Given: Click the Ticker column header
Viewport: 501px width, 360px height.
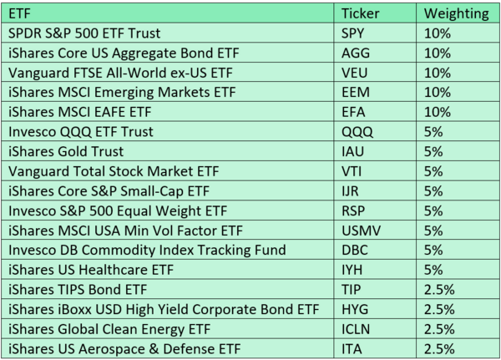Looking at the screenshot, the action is coord(360,13).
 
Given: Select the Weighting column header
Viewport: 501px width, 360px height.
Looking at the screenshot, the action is coord(456,13).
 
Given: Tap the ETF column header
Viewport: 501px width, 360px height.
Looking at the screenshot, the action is coord(19,13).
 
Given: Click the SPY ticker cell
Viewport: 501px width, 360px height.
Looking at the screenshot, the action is coord(352,33).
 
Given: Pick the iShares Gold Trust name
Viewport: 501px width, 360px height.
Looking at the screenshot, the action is coord(66,151).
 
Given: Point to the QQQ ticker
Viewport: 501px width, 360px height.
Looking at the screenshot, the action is coord(357,132).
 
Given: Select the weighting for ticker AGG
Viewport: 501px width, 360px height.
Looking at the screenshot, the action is coord(437,53).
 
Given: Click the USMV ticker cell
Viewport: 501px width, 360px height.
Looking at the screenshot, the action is coord(361,231).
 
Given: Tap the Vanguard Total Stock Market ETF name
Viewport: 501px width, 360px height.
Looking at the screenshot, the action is coord(114,171).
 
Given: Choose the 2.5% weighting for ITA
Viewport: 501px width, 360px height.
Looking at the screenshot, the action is coord(439,349).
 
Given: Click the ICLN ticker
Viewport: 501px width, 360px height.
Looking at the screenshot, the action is coord(356,329).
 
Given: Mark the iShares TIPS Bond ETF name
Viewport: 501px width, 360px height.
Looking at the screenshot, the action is coord(78,290).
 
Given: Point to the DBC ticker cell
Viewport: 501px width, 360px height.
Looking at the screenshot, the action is coord(355,250).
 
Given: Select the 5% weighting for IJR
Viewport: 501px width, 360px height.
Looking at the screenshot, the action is coord(433,191).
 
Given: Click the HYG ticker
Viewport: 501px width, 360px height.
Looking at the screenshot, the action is coord(355,310).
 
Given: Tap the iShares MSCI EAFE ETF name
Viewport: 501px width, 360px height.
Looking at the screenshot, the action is coord(80,112).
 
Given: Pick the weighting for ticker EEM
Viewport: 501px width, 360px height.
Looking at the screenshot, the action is coord(437,93).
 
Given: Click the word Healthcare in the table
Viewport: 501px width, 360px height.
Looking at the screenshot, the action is coord(113,270).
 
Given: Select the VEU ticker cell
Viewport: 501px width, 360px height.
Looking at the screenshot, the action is coord(354,73).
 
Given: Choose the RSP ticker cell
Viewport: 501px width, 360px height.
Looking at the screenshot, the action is coord(353,211).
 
